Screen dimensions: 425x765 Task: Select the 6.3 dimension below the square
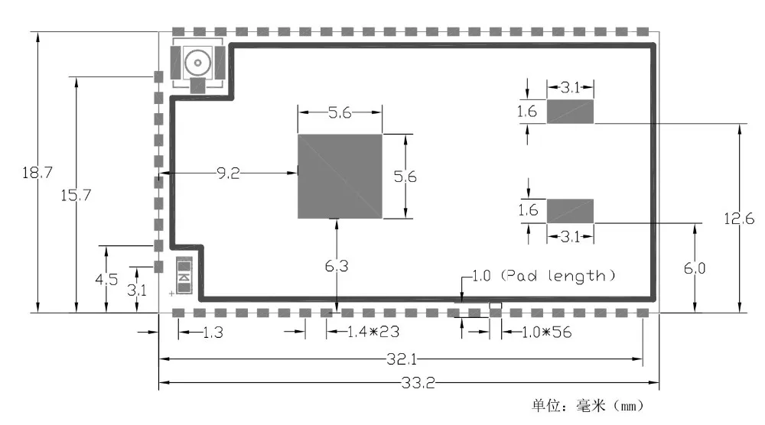pyautogui.click(x=337, y=266)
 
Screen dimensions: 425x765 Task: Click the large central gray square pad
pyautogui.click(x=340, y=176)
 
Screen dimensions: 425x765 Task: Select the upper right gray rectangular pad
pyautogui.click(x=570, y=112)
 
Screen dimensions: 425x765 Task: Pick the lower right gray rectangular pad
pyautogui.click(x=570, y=210)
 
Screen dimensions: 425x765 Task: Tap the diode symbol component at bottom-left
pyautogui.click(x=184, y=277)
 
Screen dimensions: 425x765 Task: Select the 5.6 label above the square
pyautogui.click(x=340, y=113)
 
